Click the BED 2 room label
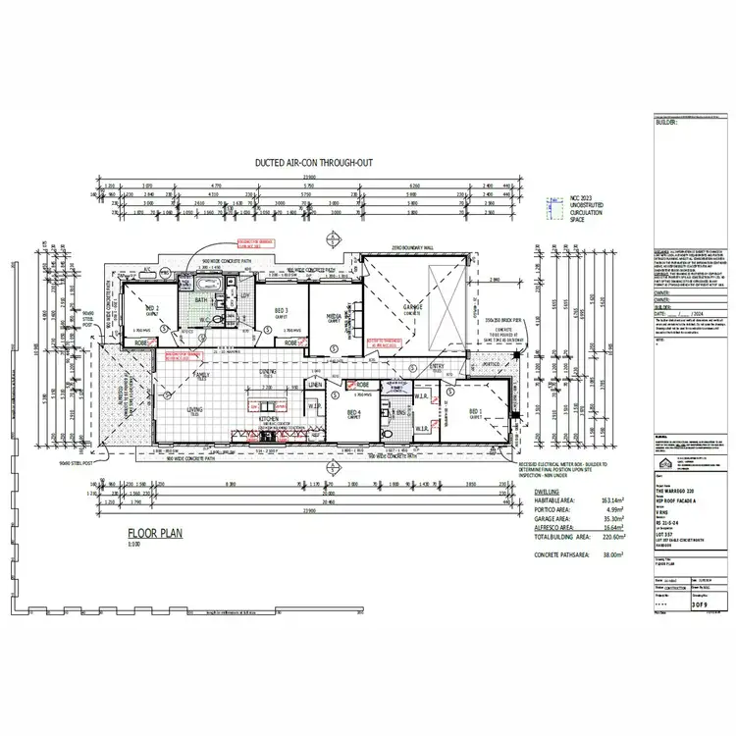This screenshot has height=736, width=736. point(152,307)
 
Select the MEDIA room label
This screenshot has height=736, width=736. point(334,316)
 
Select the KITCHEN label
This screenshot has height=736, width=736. point(270,418)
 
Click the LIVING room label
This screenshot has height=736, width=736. point(194,410)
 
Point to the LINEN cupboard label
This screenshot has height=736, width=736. point(315,384)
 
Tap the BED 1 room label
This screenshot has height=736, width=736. point(475,412)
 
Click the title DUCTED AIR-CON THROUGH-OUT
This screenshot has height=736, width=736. point(313,164)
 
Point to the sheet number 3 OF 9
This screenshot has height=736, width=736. point(699,606)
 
